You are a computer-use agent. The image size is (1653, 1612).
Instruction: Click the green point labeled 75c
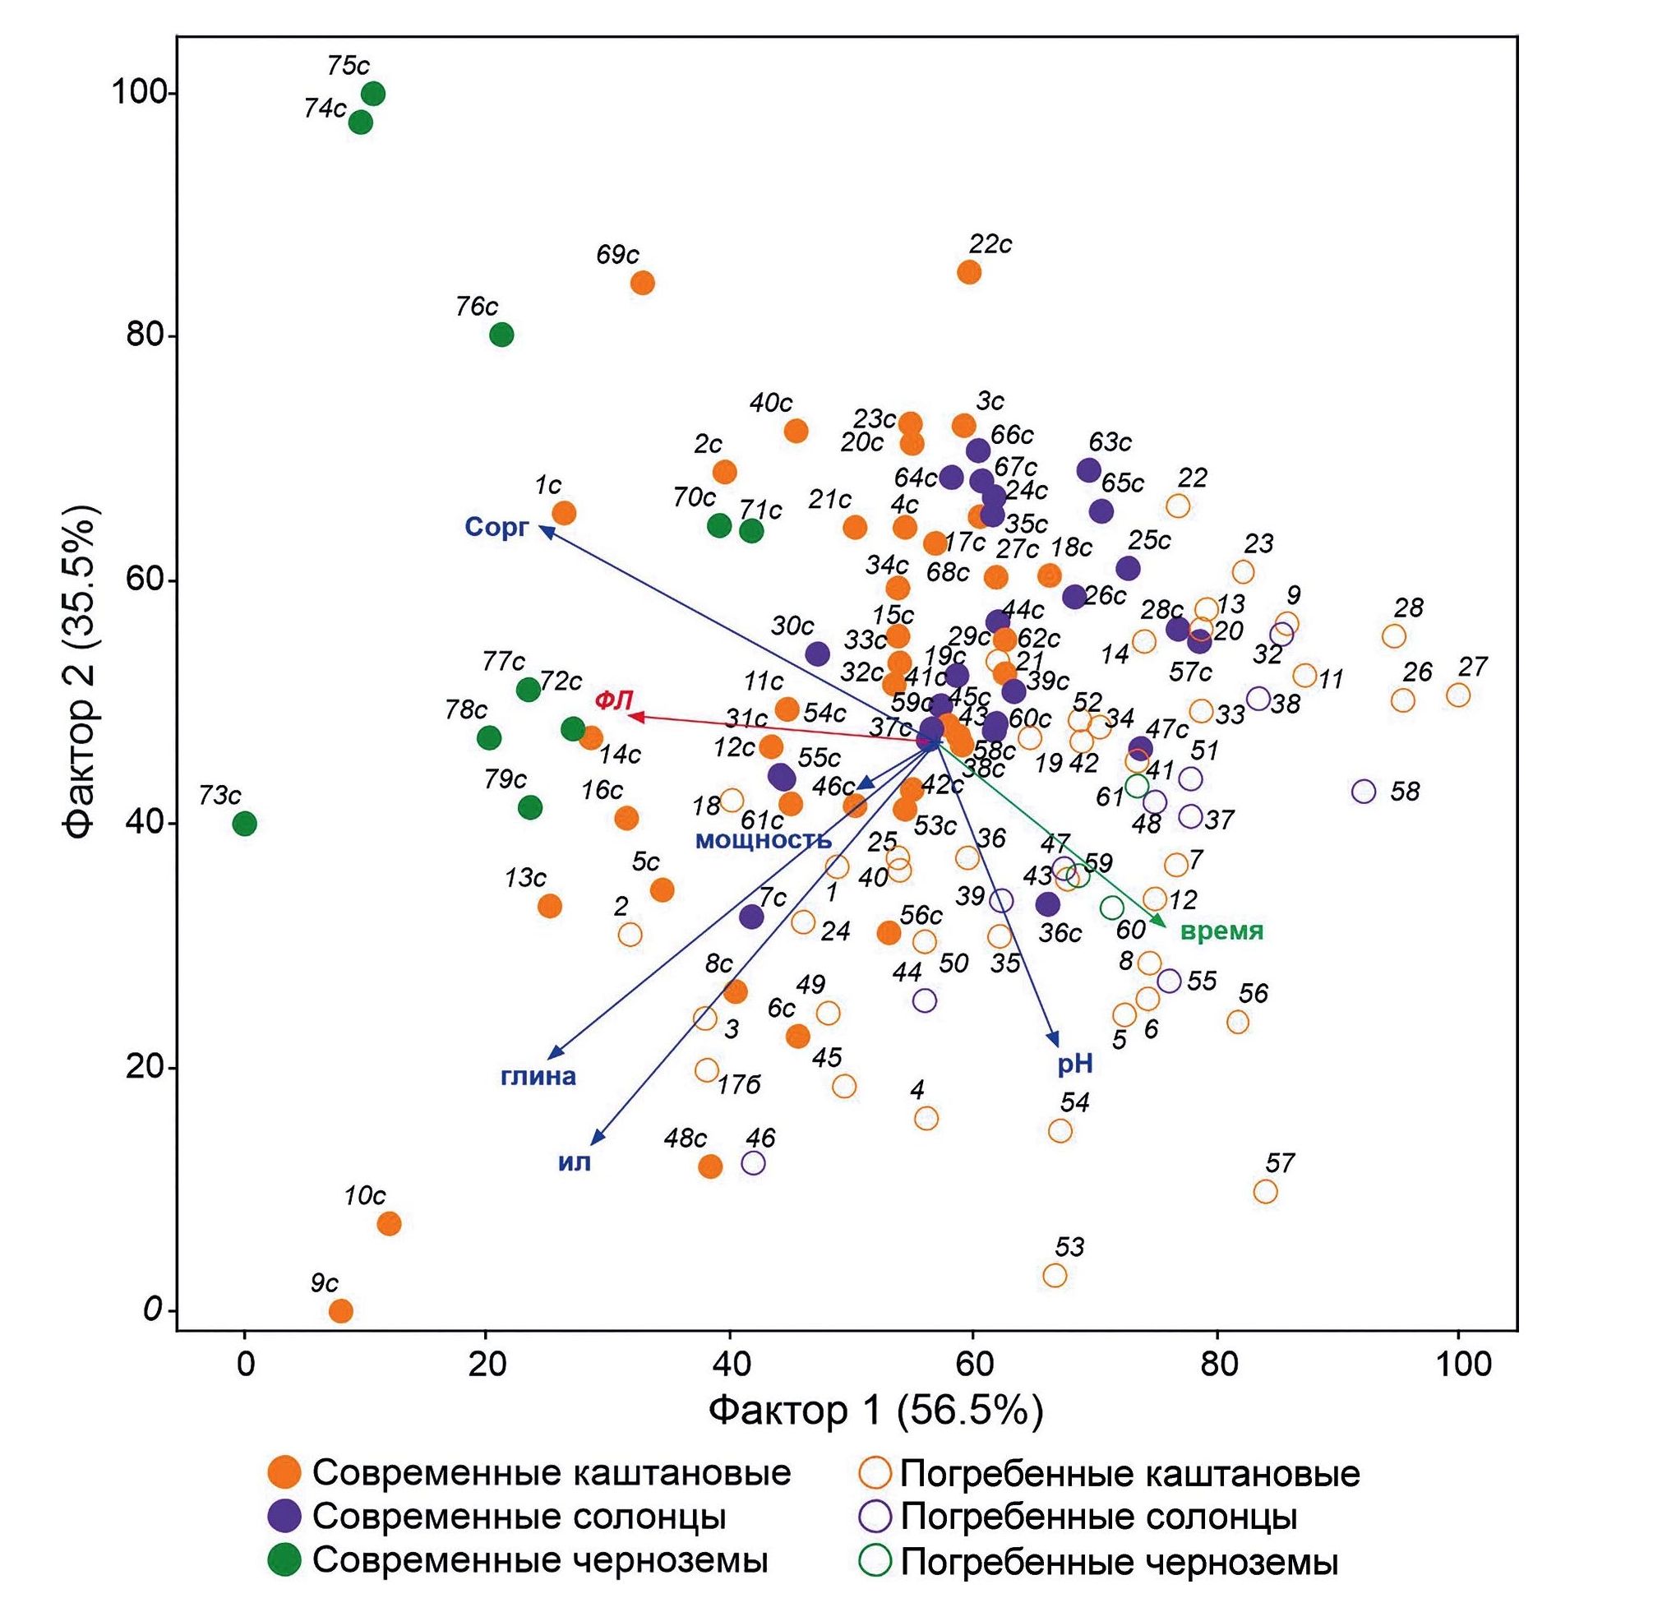pos(372,93)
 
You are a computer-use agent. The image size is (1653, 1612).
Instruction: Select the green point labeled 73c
pos(245,823)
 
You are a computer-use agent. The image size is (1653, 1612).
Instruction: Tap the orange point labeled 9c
pos(340,1310)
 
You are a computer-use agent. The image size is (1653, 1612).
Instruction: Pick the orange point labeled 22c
pos(969,272)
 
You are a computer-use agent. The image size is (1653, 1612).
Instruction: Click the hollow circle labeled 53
pos(1055,1275)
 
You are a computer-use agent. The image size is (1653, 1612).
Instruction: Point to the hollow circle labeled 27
pos(1457,695)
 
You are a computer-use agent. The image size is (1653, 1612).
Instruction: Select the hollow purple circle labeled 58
pos(1364,791)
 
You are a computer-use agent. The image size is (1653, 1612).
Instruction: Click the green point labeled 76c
pos(501,335)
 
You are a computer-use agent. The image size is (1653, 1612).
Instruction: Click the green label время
pos(1221,931)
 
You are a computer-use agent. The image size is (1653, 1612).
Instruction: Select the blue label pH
pos(1075,1065)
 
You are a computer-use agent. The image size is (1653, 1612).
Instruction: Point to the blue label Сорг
pos(496,528)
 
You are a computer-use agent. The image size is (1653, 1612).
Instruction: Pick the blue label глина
pos(538,1076)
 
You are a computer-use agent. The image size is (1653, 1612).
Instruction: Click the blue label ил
pos(574,1162)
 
